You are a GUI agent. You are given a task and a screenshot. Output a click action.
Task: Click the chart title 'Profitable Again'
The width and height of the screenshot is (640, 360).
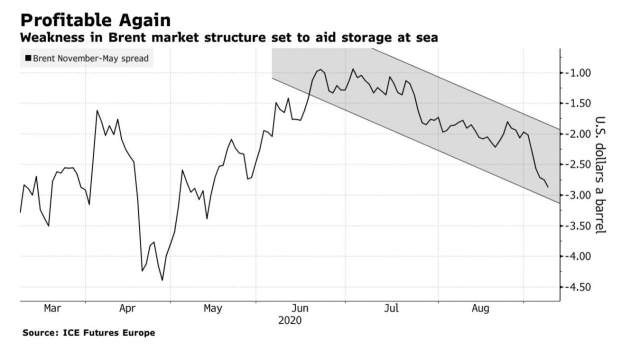pyautogui.click(x=95, y=20)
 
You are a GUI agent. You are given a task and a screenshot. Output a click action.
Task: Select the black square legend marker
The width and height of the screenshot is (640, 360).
pyautogui.click(x=28, y=59)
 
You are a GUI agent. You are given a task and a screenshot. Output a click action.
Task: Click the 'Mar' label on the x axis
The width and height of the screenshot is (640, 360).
pyautogui.click(x=52, y=308)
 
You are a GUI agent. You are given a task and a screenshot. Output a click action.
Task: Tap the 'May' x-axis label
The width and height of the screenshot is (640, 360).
pyautogui.click(x=213, y=308)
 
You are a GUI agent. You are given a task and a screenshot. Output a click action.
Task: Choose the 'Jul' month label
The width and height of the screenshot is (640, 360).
pyautogui.click(x=391, y=308)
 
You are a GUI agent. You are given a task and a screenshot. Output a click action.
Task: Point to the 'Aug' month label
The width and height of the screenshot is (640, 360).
pyautogui.click(x=480, y=308)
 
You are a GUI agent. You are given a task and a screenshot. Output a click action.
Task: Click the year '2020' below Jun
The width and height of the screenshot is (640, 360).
pyautogui.click(x=290, y=320)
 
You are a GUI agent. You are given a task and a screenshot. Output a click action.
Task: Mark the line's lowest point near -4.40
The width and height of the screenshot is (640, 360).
pyautogui.click(x=162, y=280)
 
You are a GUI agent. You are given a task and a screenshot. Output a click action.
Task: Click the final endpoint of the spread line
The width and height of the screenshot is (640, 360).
pyautogui.click(x=548, y=187)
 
